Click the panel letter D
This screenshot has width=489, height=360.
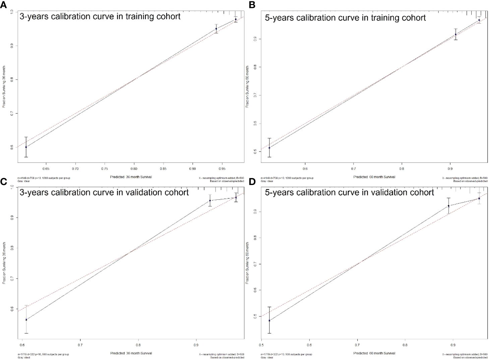click(x=252, y=181)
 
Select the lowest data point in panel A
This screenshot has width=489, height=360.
click(x=26, y=147)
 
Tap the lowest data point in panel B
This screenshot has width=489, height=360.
click(x=269, y=148)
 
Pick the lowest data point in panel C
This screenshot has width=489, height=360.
click(x=26, y=319)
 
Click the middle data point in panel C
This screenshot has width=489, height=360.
click(x=210, y=200)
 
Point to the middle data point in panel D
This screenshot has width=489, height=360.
click(x=448, y=206)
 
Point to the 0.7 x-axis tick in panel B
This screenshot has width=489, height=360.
click(x=353, y=168)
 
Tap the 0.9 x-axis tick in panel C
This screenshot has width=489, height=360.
click(x=196, y=344)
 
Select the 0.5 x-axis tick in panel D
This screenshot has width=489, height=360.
click(x=261, y=344)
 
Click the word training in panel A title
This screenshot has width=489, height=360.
click(x=140, y=16)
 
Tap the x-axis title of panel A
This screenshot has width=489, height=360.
click(x=131, y=177)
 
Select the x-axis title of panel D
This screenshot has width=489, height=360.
click(x=374, y=353)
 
